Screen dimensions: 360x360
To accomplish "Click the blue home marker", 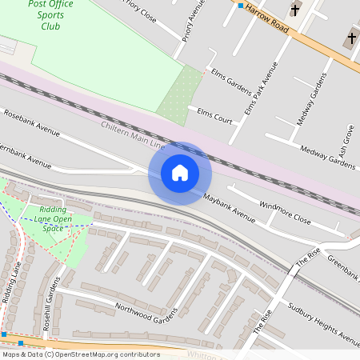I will click(180, 173).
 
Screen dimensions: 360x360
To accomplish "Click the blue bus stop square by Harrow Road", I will click(240, 5).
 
